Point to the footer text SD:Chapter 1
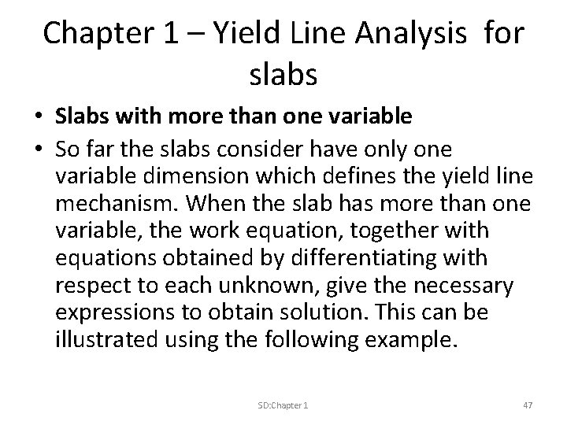[283, 405]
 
